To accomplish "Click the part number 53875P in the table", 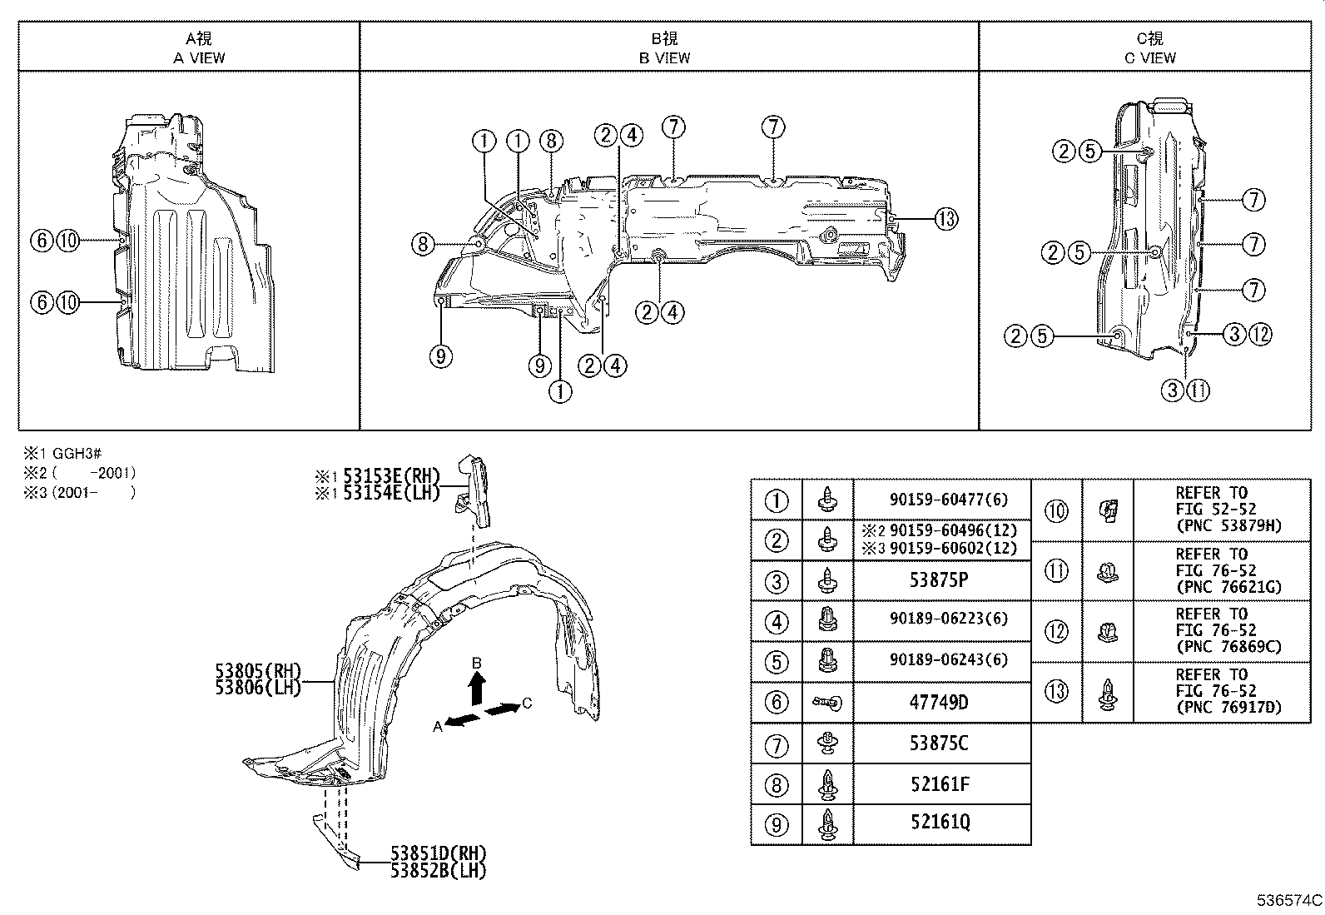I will [x=938, y=580].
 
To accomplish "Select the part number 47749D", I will [x=938, y=703].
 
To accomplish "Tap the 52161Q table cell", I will [x=940, y=823].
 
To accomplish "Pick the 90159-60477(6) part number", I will [x=948, y=500].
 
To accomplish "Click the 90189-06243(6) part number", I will [x=948, y=660].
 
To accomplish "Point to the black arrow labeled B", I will [x=477, y=689].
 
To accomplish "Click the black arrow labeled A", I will [x=463, y=720].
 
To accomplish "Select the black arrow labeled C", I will [x=502, y=709].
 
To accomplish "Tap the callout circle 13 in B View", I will [x=945, y=219].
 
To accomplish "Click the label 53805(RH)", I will [x=258, y=672].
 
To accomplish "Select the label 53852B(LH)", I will [x=438, y=871].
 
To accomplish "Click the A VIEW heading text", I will [x=199, y=57].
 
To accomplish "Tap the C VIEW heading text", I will [x=1150, y=57].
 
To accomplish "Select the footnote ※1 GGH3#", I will [x=62, y=454].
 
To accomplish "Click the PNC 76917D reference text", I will [x=1228, y=708].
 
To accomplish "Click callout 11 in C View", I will [x=1198, y=390].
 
